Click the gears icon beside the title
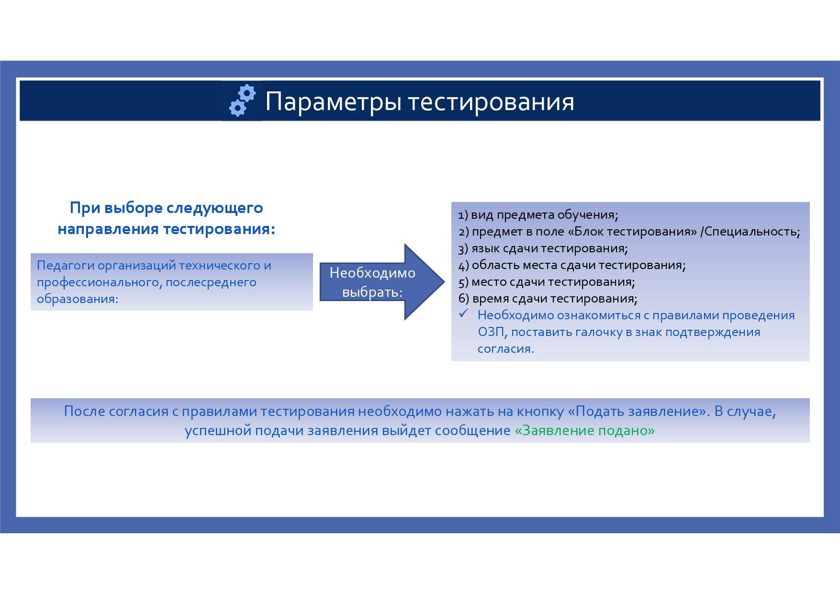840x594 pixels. [x=243, y=101]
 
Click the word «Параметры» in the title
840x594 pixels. [x=333, y=102]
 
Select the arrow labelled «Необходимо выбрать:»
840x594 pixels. [x=382, y=282]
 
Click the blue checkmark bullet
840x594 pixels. [x=463, y=314]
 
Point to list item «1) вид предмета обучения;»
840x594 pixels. [x=538, y=215]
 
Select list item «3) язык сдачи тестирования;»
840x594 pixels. [x=543, y=248]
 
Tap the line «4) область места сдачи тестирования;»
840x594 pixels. [x=572, y=265]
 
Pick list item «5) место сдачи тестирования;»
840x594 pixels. [x=547, y=282]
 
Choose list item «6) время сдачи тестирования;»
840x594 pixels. [x=548, y=299]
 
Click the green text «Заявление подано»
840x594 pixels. [x=584, y=431]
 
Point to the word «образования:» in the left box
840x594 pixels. [x=78, y=299]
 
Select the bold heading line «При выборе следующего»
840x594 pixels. [x=167, y=208]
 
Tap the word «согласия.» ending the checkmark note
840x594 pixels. [x=506, y=349]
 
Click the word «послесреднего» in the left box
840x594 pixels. [x=211, y=282]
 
